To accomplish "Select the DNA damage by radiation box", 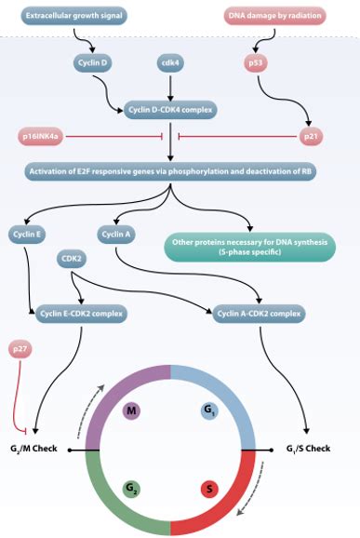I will click(272, 16).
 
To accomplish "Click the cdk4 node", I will click(170, 61).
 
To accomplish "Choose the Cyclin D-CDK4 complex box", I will click(170, 110).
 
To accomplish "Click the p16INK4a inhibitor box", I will click(41, 137).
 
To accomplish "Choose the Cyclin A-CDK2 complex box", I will click(258, 314).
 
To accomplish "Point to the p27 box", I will click(20, 350).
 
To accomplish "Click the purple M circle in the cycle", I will click(133, 410).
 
